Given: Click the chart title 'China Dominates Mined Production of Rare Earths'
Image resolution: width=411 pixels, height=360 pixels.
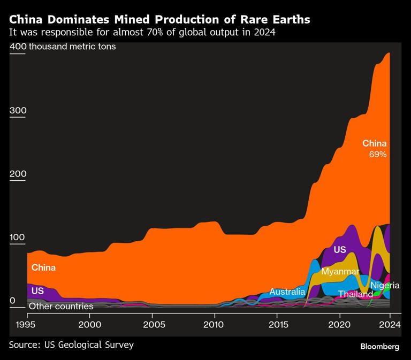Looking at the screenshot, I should coord(159,20).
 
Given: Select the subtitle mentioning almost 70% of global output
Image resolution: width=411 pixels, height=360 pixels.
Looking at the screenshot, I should coord(142,33).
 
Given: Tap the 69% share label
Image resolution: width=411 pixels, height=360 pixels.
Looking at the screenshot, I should coord(377,155).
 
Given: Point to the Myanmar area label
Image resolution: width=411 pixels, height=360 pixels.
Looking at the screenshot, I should coord(340,272).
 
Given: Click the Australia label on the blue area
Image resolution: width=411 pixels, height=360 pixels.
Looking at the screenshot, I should coord(287,292).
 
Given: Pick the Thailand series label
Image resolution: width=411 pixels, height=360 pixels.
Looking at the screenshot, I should coord(355,295).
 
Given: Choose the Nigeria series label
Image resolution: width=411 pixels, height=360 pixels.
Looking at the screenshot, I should coord(385,286).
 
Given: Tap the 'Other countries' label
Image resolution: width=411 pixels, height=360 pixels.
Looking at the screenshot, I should coord(61,307).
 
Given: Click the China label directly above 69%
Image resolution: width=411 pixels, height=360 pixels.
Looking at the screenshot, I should coord(374,143).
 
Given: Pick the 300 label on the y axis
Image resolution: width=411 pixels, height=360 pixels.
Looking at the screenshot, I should coord(18,111).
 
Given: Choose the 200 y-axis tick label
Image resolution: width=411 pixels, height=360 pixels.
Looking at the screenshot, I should coord(18,174).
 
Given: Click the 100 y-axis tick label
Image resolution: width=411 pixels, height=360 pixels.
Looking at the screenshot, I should coord(18,238).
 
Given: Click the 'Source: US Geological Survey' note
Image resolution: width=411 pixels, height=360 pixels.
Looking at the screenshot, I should coord(71,345).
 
